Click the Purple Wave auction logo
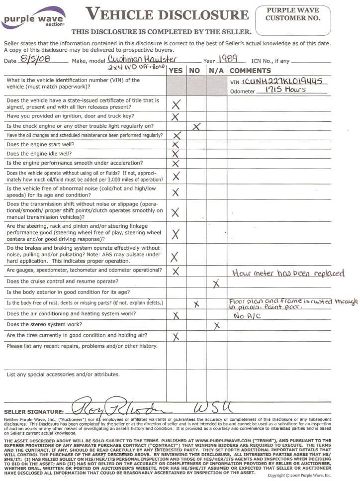tap(33, 19)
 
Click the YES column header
tap(176, 71)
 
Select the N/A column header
tap(216, 71)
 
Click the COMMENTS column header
tap(250, 71)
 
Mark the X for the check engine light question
tap(196, 126)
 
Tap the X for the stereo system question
tap(216, 326)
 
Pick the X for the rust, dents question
tap(196, 303)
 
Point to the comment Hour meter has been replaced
tap(288, 273)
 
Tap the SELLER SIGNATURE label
tap(34, 412)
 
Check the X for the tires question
tap(175, 337)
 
